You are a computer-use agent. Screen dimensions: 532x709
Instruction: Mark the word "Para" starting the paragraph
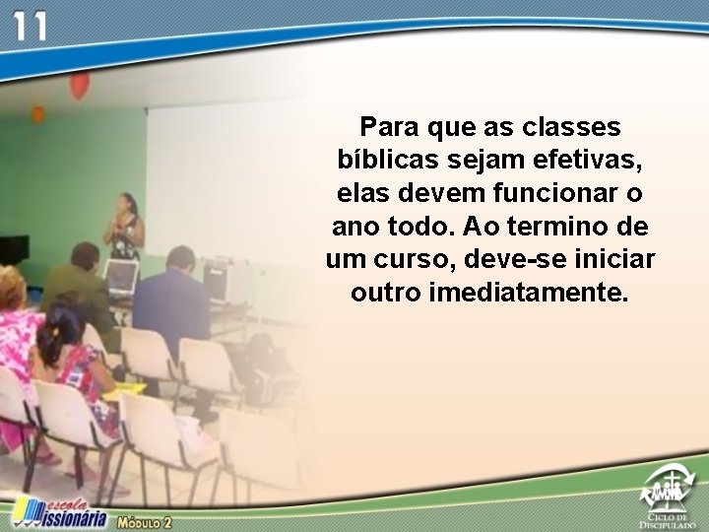[388, 127]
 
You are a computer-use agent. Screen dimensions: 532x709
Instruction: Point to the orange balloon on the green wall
[37, 114]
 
